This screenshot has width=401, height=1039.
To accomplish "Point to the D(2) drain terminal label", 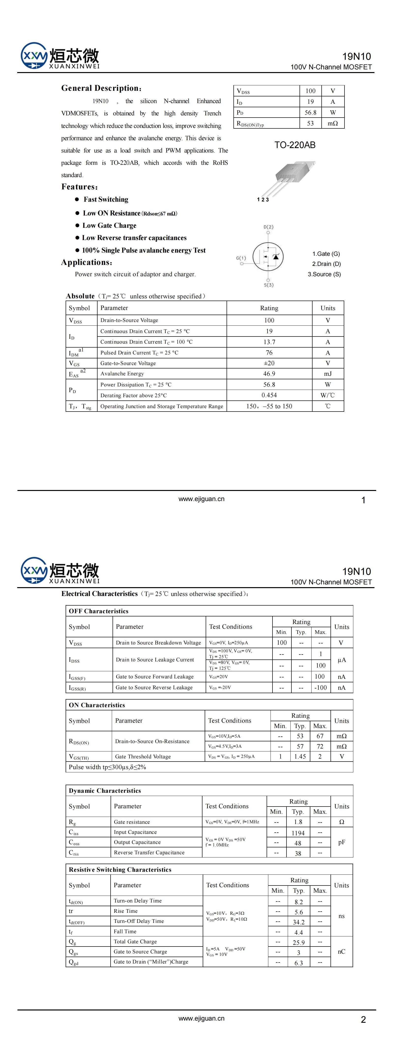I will (268, 227).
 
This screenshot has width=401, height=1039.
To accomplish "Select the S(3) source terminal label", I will (268, 285).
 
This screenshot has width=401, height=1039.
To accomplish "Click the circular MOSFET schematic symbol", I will (268, 256).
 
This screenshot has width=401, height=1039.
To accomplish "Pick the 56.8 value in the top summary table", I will (310, 112).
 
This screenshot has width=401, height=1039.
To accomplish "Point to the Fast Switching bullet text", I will (106, 199).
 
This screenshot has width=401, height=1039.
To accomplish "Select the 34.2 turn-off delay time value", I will (299, 922).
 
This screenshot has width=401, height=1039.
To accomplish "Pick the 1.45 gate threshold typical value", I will (300, 757).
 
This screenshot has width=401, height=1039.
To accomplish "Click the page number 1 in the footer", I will (363, 500).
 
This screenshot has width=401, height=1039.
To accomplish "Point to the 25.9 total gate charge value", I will (299, 943).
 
